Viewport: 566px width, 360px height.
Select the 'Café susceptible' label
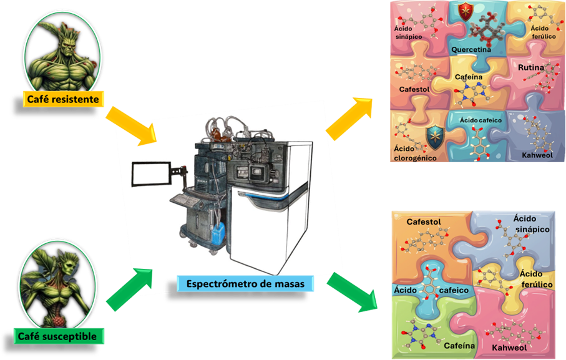59,337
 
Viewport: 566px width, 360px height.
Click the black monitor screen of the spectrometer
151,174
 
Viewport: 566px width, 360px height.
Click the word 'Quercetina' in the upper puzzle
472,49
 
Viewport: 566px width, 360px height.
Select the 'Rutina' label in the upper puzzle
531,67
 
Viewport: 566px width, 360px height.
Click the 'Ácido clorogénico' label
415,153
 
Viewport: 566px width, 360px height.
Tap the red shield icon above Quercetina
464,11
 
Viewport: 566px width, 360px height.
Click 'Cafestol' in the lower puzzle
424,222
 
